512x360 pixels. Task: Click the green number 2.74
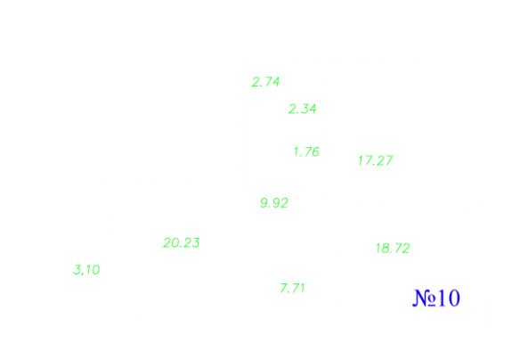[x=266, y=82]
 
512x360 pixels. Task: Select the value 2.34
[x=303, y=109]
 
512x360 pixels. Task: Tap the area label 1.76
[x=306, y=151]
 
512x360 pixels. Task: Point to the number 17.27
[x=375, y=160]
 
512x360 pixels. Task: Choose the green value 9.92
[x=274, y=203]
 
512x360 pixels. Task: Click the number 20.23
[x=182, y=242]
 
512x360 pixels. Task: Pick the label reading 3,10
[x=86, y=270]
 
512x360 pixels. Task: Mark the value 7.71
[x=292, y=288]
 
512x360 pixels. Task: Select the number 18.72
[x=393, y=249]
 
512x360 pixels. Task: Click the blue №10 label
[x=436, y=298]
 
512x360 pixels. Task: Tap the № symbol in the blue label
[x=424, y=298]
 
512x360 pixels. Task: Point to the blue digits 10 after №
[x=449, y=298]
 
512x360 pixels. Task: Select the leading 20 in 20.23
[x=170, y=242]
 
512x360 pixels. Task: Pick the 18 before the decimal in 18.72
[x=382, y=249]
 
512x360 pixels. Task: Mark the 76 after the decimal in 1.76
[x=312, y=151]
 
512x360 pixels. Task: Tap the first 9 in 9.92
[x=264, y=203]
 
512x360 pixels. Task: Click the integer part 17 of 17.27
[x=364, y=160]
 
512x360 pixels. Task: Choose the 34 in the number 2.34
[x=309, y=109]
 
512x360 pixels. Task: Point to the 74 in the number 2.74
[x=272, y=82]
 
